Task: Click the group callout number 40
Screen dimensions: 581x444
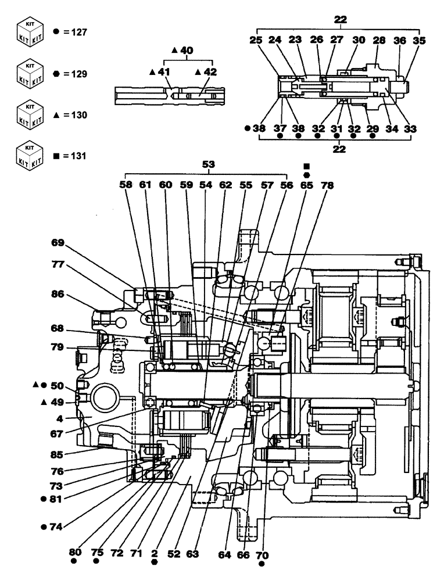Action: point(185,51)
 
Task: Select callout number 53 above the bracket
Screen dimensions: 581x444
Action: point(208,165)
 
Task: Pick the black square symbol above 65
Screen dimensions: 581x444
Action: point(306,166)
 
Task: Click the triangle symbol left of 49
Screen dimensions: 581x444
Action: point(44,401)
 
